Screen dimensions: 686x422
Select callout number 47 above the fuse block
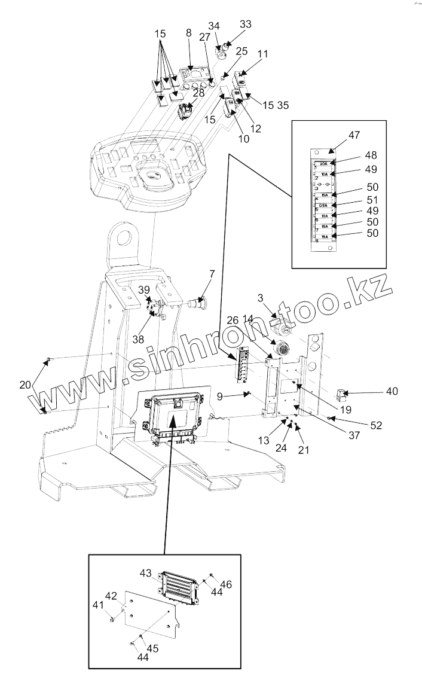pos(354,135)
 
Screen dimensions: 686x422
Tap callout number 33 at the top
pos(245,25)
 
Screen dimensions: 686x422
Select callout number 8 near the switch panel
pos(189,33)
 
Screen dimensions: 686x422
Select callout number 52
pos(376,425)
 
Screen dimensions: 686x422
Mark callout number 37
pos(354,435)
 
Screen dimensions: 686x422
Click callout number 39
pos(145,289)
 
